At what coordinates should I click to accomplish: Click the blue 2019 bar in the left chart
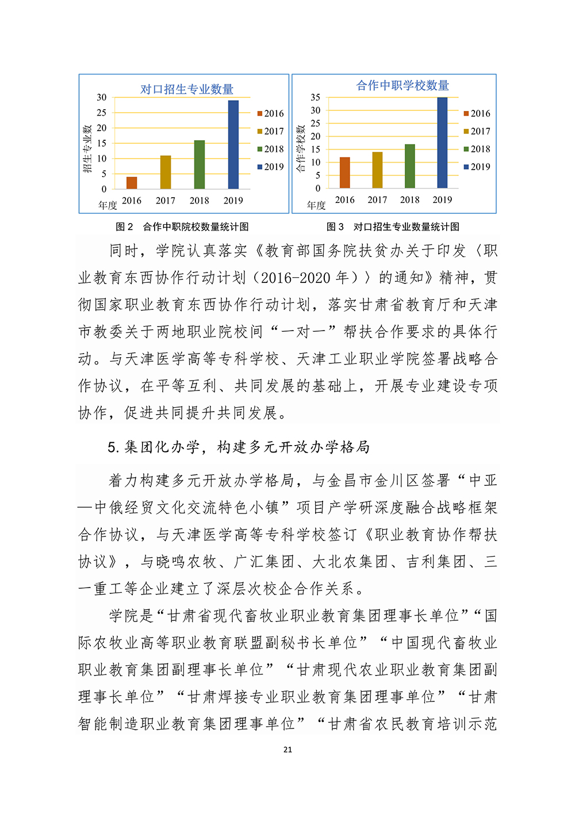(233, 145)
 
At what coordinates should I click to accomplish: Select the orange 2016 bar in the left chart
(132, 183)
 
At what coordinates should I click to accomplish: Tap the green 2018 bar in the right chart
(409, 166)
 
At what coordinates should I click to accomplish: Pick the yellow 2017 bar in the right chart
(377, 170)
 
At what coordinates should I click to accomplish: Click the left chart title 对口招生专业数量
(187, 90)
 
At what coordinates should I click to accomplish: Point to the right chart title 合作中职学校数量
(402, 86)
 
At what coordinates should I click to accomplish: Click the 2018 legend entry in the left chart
(271, 149)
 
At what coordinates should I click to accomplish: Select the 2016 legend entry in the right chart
(477, 114)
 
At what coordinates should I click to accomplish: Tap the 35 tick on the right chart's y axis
(316, 97)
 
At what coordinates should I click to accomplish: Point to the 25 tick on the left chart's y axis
(102, 113)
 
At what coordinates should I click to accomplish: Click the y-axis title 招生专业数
(87, 148)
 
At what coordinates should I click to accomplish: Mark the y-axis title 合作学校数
(300, 148)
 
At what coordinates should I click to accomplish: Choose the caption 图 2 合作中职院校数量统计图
(182, 227)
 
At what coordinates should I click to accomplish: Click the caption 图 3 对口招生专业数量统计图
(393, 227)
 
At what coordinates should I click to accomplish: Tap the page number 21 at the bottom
(288, 750)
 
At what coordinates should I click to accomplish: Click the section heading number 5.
(113, 447)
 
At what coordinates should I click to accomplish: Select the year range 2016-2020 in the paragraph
(296, 278)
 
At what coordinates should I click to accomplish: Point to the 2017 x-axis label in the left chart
(166, 201)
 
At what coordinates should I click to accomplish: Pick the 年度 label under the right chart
(316, 205)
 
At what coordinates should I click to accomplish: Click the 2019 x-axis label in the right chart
(442, 200)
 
